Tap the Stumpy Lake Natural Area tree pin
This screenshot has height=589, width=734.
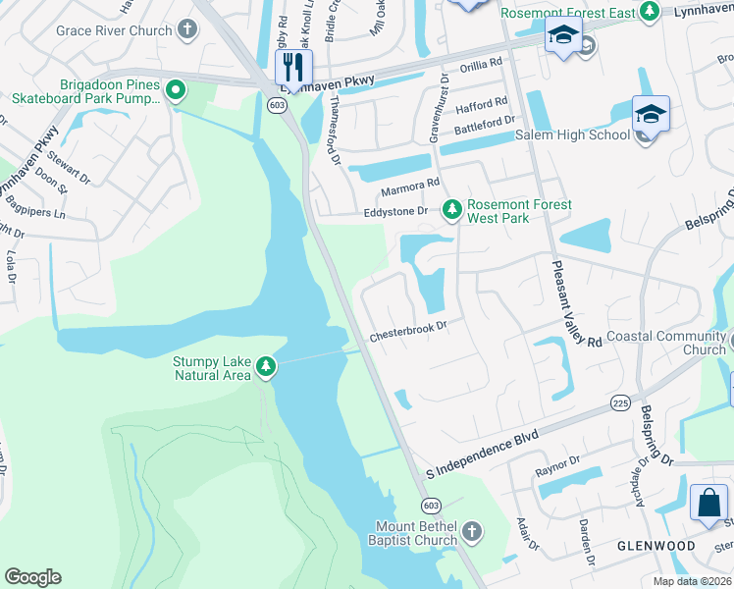coord(265,367)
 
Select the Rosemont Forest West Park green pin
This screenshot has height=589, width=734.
coord(451,208)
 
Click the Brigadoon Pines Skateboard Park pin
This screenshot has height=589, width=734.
coord(176,91)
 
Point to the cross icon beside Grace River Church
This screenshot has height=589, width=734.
coord(187,30)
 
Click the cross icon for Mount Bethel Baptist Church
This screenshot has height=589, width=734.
coord(472,532)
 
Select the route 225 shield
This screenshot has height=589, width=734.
coord(619,402)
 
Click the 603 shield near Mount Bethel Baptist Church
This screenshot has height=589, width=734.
coord(430,505)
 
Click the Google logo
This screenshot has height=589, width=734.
coord(32,577)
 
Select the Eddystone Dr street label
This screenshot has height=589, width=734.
coord(396,211)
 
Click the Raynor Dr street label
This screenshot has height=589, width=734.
coord(557,472)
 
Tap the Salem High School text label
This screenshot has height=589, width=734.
coord(572,134)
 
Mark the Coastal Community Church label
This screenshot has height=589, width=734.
coord(666,343)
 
